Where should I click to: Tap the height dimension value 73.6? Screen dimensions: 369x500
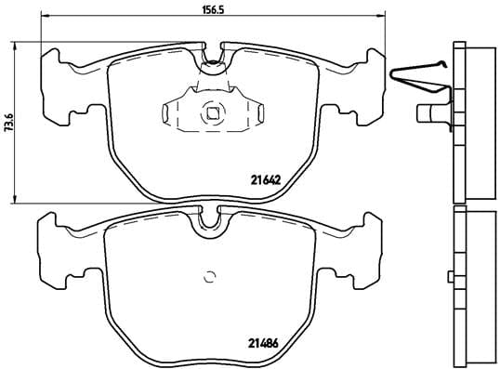(9, 121)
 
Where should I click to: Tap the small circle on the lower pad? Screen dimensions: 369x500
(210, 275)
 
